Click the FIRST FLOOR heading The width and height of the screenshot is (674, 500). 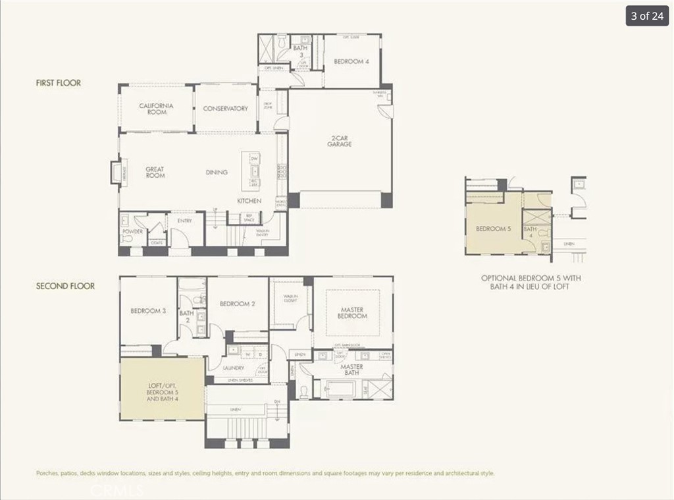point(59,83)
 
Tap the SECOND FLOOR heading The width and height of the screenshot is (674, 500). point(65,286)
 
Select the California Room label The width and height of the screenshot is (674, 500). point(157,109)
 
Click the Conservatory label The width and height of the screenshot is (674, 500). point(225,109)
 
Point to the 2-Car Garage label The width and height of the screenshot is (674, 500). point(340,141)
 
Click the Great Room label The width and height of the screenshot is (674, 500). point(155,172)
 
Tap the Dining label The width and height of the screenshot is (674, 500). point(217,173)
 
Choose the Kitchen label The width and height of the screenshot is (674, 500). point(249,200)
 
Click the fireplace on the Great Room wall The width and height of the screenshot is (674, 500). point(114,172)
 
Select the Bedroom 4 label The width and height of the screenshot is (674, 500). point(351,61)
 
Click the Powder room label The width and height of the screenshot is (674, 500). point(132,231)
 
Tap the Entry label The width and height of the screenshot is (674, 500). point(185,221)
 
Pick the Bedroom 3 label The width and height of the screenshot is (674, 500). point(148,311)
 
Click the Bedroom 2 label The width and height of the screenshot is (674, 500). point(237,304)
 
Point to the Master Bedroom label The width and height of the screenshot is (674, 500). point(352,313)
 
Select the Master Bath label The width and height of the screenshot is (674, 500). point(351,370)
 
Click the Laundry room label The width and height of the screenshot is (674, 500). point(234,368)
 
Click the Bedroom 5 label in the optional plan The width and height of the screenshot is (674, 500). point(493,229)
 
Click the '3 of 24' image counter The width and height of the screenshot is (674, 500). point(647,16)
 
